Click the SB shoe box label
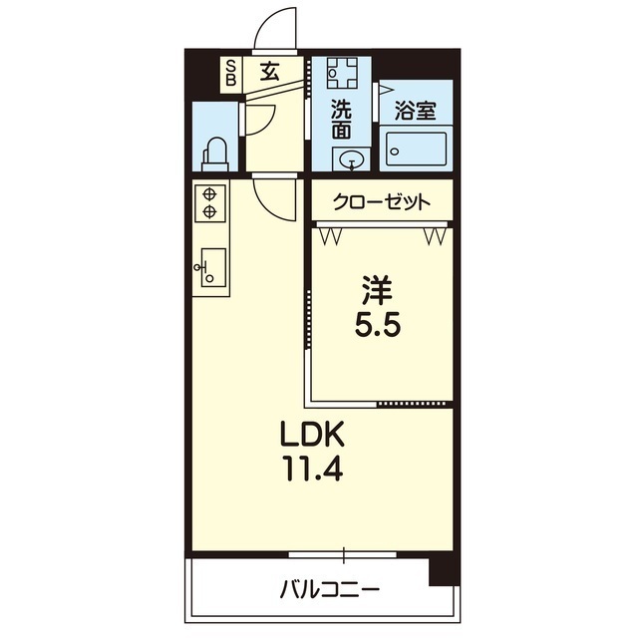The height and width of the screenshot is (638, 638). pos(230,72)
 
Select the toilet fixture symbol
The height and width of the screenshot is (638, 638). pos(215,156)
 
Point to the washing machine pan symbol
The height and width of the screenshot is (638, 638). pos(343,73)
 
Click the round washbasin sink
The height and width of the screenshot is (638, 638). pos(351,159)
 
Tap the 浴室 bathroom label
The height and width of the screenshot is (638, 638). pos(415,111)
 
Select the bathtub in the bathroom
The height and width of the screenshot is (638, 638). pos(416,149)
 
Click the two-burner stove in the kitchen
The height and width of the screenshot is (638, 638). pos(210,203)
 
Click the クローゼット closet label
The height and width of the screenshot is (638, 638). pos(381,201)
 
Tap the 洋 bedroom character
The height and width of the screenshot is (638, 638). pos(378,290)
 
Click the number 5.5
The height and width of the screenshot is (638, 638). pos(378,325)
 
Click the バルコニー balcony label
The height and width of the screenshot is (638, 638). pos(330,590)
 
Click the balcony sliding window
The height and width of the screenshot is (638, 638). pos(343,554)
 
